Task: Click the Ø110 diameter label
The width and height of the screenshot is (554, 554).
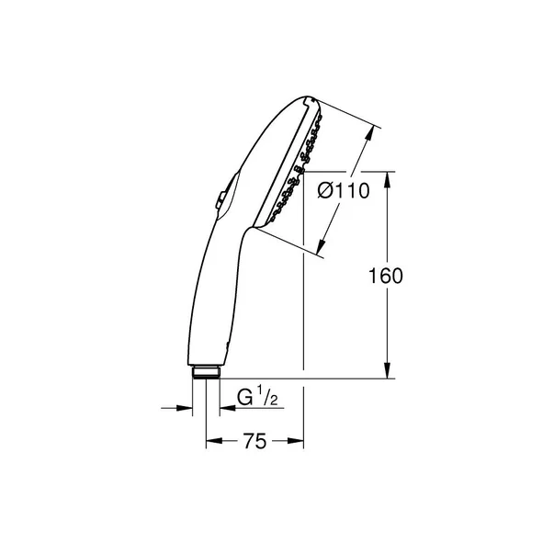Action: (343, 191)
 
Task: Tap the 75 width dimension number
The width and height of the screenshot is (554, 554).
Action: (254, 442)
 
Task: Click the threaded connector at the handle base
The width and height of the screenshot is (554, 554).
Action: (207, 372)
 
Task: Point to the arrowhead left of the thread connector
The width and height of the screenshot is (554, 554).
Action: (186, 409)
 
